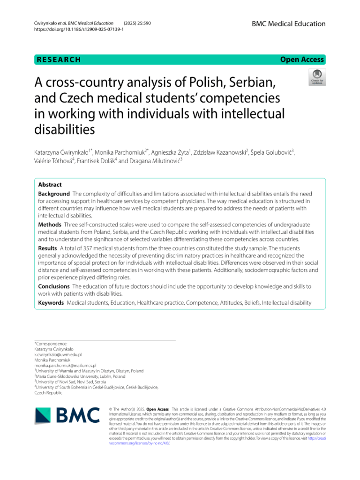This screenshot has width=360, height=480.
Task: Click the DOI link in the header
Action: (x=79, y=29)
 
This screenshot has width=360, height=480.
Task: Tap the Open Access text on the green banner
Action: (x=302, y=60)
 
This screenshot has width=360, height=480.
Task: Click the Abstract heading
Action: (x=50, y=185)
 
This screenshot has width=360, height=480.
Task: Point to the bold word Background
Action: (x=53, y=194)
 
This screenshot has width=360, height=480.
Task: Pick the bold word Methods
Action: (x=49, y=225)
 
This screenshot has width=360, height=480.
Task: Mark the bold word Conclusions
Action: (x=54, y=286)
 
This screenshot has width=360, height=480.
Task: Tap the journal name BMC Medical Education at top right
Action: (x=288, y=24)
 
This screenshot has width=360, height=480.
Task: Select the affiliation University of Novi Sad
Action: (x=57, y=382)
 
